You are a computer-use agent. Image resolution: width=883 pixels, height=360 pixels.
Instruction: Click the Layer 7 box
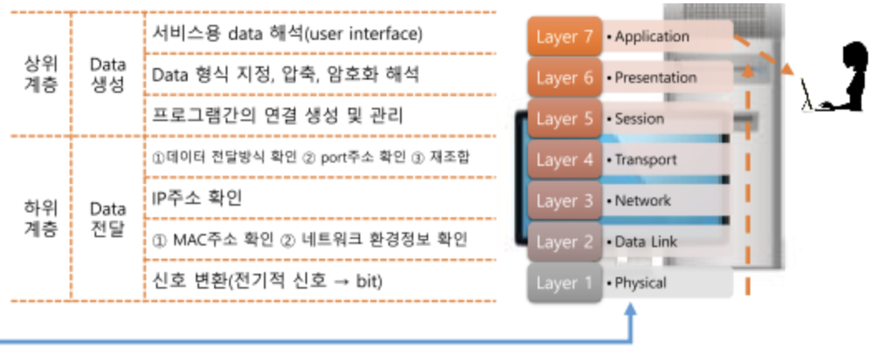(564, 37)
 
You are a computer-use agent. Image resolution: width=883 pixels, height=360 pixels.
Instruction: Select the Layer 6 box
(564, 78)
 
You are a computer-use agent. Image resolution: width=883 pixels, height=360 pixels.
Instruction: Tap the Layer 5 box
(564, 119)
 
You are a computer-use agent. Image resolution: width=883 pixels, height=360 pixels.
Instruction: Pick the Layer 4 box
(564, 160)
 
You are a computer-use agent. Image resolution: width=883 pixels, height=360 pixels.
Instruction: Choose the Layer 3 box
(564, 201)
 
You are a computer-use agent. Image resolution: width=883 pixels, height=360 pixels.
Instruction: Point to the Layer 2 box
(564, 242)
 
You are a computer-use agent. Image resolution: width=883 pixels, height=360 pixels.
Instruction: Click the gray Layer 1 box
(564, 283)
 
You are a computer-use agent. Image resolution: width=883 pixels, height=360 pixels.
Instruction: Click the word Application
(651, 37)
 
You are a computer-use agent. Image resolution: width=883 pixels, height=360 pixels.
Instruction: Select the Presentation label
(656, 78)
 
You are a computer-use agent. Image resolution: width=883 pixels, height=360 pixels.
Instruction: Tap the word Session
(639, 119)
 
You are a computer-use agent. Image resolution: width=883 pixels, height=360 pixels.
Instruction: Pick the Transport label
(646, 160)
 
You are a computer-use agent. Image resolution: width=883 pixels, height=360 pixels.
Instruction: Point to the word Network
(642, 201)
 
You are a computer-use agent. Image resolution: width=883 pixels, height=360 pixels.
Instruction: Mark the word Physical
(640, 283)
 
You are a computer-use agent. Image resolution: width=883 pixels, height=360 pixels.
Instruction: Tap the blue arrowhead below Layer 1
(631, 309)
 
